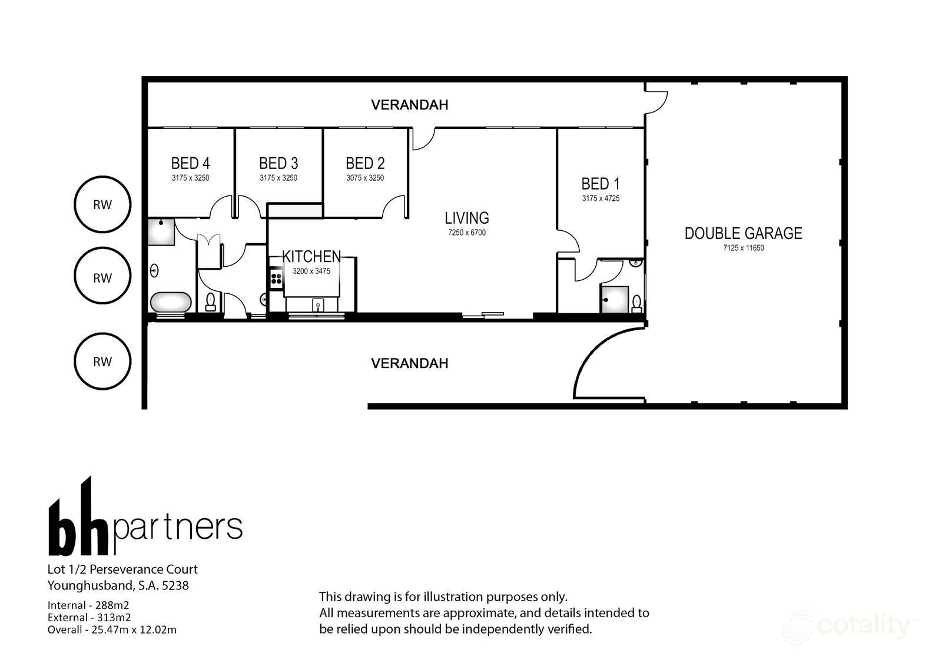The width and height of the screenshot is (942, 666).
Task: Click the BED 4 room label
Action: coord(190,163)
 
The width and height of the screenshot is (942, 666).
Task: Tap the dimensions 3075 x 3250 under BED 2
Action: coord(365,178)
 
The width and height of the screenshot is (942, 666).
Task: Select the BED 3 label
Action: coord(278,163)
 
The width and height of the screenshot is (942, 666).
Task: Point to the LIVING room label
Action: coord(466,218)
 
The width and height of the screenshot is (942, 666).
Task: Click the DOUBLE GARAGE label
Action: coord(743,233)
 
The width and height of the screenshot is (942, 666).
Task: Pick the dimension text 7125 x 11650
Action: coord(743,248)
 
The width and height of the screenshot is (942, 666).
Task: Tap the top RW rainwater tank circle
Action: coord(102,205)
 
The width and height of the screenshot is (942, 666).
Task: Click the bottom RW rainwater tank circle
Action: coord(102,362)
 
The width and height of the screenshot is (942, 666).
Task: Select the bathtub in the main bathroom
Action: coord(171,302)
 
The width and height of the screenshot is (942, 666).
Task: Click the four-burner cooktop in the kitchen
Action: coord(276,279)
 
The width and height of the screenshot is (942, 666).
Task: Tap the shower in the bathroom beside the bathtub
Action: coord(161,231)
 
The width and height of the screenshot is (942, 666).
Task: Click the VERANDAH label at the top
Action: coord(409,105)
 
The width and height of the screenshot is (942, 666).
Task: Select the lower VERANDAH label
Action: coord(409,363)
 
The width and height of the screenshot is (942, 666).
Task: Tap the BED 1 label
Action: coord(600,184)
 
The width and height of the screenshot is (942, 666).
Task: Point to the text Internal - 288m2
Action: coord(88,605)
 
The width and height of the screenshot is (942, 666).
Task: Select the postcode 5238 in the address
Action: coord(177,585)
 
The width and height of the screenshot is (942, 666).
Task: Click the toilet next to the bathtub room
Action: coord(210,301)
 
